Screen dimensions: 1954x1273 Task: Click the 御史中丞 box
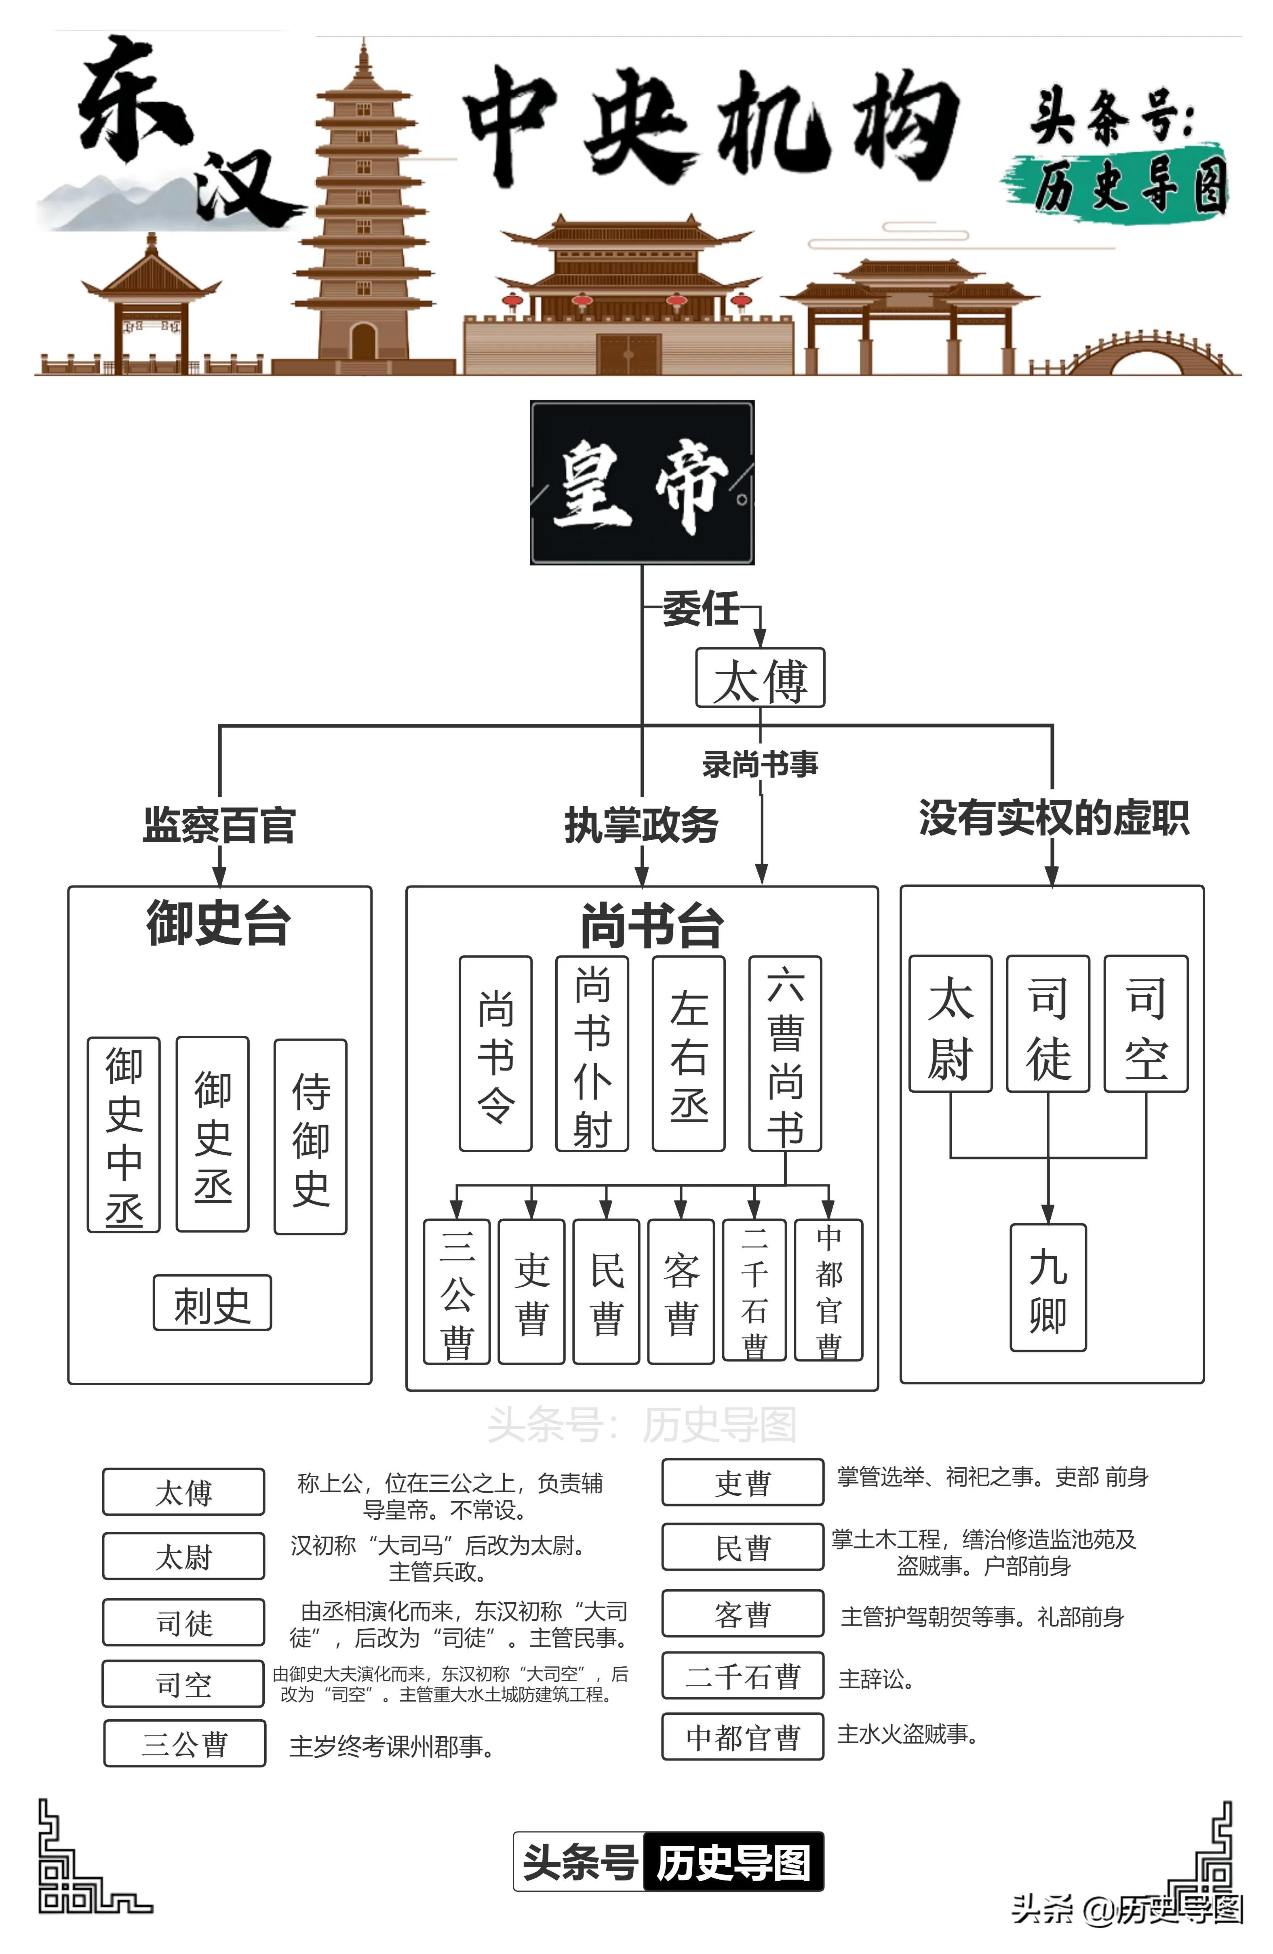124,1135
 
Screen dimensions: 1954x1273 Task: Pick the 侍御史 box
310,1137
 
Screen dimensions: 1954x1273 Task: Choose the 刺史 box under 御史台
212,1303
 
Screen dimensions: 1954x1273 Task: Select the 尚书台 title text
651,926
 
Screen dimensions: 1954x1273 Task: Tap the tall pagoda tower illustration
363,213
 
